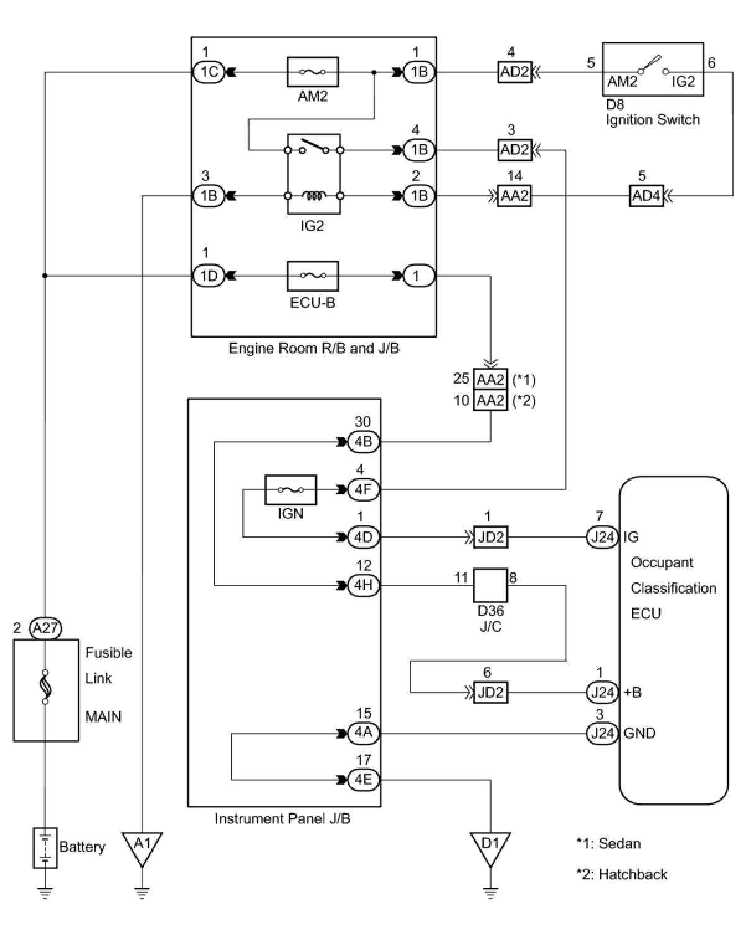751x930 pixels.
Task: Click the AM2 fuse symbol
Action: (312, 72)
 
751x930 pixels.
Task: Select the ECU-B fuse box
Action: (312, 276)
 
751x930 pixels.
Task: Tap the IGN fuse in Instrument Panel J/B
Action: (290, 490)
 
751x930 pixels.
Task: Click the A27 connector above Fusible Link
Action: (45, 628)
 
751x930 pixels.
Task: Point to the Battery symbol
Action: (45, 847)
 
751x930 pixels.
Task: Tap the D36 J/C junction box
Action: (490, 585)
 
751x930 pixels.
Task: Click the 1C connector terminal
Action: (209, 72)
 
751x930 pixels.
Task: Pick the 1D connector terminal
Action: (209, 276)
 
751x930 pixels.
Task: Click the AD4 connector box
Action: (646, 196)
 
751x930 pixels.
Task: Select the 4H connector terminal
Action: (363, 585)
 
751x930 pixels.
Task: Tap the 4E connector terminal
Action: (363, 779)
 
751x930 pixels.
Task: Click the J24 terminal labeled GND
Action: (602, 733)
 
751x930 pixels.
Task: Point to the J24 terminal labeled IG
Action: (602, 537)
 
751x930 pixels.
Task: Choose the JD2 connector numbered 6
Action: (490, 692)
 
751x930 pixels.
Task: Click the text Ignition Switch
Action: (652, 120)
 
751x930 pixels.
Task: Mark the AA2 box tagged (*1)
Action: (490, 379)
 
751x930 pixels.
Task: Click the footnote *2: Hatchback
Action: (621, 874)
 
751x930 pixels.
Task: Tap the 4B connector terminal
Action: (363, 442)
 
